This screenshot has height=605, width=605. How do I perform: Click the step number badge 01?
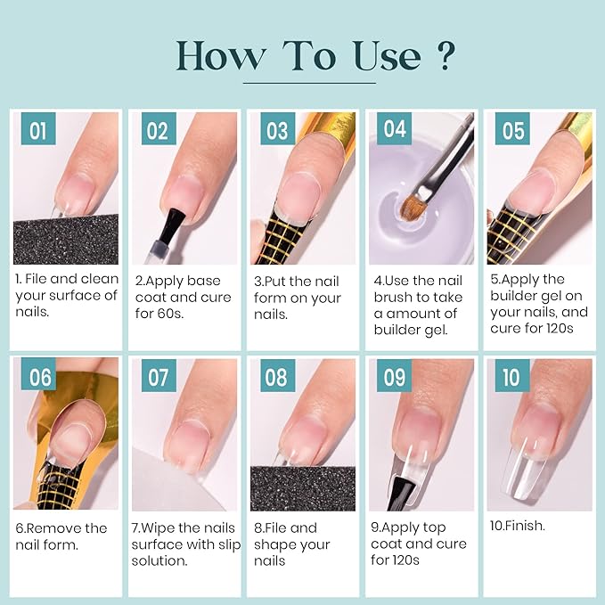(37, 131)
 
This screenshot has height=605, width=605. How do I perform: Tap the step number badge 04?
(395, 129)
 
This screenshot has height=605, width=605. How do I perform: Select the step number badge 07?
(158, 378)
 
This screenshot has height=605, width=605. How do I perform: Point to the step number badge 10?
(511, 377)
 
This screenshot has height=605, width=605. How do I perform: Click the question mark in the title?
(445, 55)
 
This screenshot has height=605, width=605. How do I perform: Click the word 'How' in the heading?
(219, 55)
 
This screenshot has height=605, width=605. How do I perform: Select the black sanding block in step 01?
(66, 239)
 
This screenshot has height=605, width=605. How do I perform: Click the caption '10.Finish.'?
(518, 526)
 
